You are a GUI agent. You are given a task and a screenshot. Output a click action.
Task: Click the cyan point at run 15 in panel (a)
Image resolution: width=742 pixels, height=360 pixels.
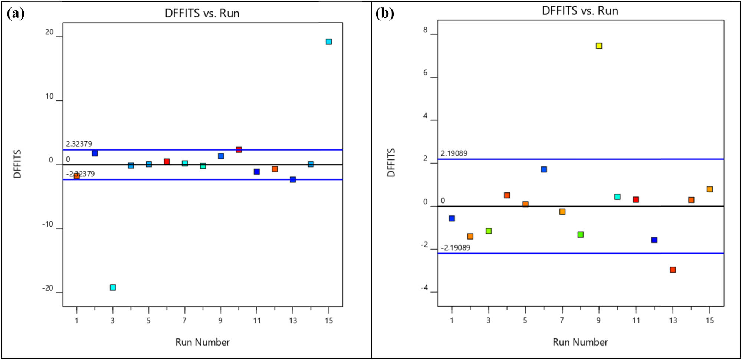point(329,42)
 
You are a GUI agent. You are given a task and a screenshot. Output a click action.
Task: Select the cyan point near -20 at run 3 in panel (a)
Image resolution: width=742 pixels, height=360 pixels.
point(113,287)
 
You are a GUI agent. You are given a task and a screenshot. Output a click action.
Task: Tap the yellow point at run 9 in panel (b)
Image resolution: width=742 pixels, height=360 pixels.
point(599,46)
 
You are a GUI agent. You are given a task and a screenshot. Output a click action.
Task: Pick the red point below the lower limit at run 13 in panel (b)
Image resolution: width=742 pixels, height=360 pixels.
point(673,270)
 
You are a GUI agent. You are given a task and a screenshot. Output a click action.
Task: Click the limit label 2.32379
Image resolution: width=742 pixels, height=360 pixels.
point(79,144)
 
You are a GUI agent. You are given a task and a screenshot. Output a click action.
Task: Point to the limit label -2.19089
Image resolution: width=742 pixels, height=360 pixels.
point(455,248)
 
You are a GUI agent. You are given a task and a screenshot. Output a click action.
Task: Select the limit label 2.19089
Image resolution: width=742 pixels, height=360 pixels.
point(454,153)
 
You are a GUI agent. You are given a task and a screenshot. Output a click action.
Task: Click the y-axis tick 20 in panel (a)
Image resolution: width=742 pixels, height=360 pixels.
point(49,32)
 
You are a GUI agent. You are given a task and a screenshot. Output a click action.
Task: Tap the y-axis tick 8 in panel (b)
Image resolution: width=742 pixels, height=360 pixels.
point(425,30)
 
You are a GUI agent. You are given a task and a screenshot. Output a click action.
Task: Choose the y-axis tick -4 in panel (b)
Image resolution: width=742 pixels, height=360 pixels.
point(424,288)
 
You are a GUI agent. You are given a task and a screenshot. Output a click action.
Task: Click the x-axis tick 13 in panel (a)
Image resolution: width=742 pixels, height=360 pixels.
point(293,321)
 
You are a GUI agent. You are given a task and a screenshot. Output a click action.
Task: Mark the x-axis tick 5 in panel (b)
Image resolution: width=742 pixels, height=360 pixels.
point(525,320)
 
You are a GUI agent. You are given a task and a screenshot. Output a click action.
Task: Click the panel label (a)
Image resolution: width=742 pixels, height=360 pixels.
point(16,14)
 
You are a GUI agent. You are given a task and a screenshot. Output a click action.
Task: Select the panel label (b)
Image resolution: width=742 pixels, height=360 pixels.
point(384,14)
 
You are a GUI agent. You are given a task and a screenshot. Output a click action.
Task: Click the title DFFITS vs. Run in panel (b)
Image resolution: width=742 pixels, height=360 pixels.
point(580,11)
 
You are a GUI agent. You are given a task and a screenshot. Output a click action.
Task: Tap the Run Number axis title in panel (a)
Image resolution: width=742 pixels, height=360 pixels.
point(202,342)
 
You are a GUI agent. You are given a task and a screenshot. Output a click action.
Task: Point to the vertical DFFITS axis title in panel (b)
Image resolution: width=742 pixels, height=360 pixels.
point(391,163)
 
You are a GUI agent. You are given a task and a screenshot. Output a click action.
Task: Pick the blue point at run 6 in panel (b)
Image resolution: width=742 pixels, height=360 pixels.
point(544,169)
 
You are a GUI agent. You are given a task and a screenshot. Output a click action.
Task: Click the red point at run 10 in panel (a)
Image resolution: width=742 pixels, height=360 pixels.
point(239,149)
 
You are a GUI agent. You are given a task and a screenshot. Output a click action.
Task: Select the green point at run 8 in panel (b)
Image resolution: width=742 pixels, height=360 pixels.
point(581,234)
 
